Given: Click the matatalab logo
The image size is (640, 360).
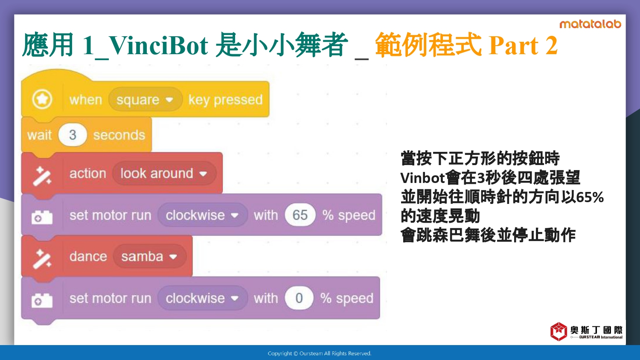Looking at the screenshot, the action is coord(590,24).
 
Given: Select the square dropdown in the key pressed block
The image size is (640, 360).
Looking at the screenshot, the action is coord(145,99).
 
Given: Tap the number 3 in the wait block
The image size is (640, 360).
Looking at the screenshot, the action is coord(73,135).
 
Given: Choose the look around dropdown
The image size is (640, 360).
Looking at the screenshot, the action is coord(164,174).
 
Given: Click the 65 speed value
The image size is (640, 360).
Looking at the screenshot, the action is coord(300,215).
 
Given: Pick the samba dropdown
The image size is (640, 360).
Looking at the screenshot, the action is coord(149,256).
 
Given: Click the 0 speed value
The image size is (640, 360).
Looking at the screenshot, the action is coord(299,298).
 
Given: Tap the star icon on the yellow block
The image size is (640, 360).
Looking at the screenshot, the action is coord(42,99).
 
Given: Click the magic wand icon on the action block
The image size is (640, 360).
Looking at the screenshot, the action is coord(42,176).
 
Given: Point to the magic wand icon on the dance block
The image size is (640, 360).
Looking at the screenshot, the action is coord(42,259).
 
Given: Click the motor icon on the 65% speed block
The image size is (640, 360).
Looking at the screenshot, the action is coord(42,217).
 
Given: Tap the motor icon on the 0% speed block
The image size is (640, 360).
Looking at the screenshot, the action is coord(42,300).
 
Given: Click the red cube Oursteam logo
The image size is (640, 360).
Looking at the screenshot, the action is coord(559,331).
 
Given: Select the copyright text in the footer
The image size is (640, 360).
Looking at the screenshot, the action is coord(320,354).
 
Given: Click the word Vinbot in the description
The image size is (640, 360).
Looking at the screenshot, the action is coord(422,178).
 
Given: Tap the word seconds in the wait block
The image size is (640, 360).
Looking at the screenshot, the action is coord(119,135).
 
